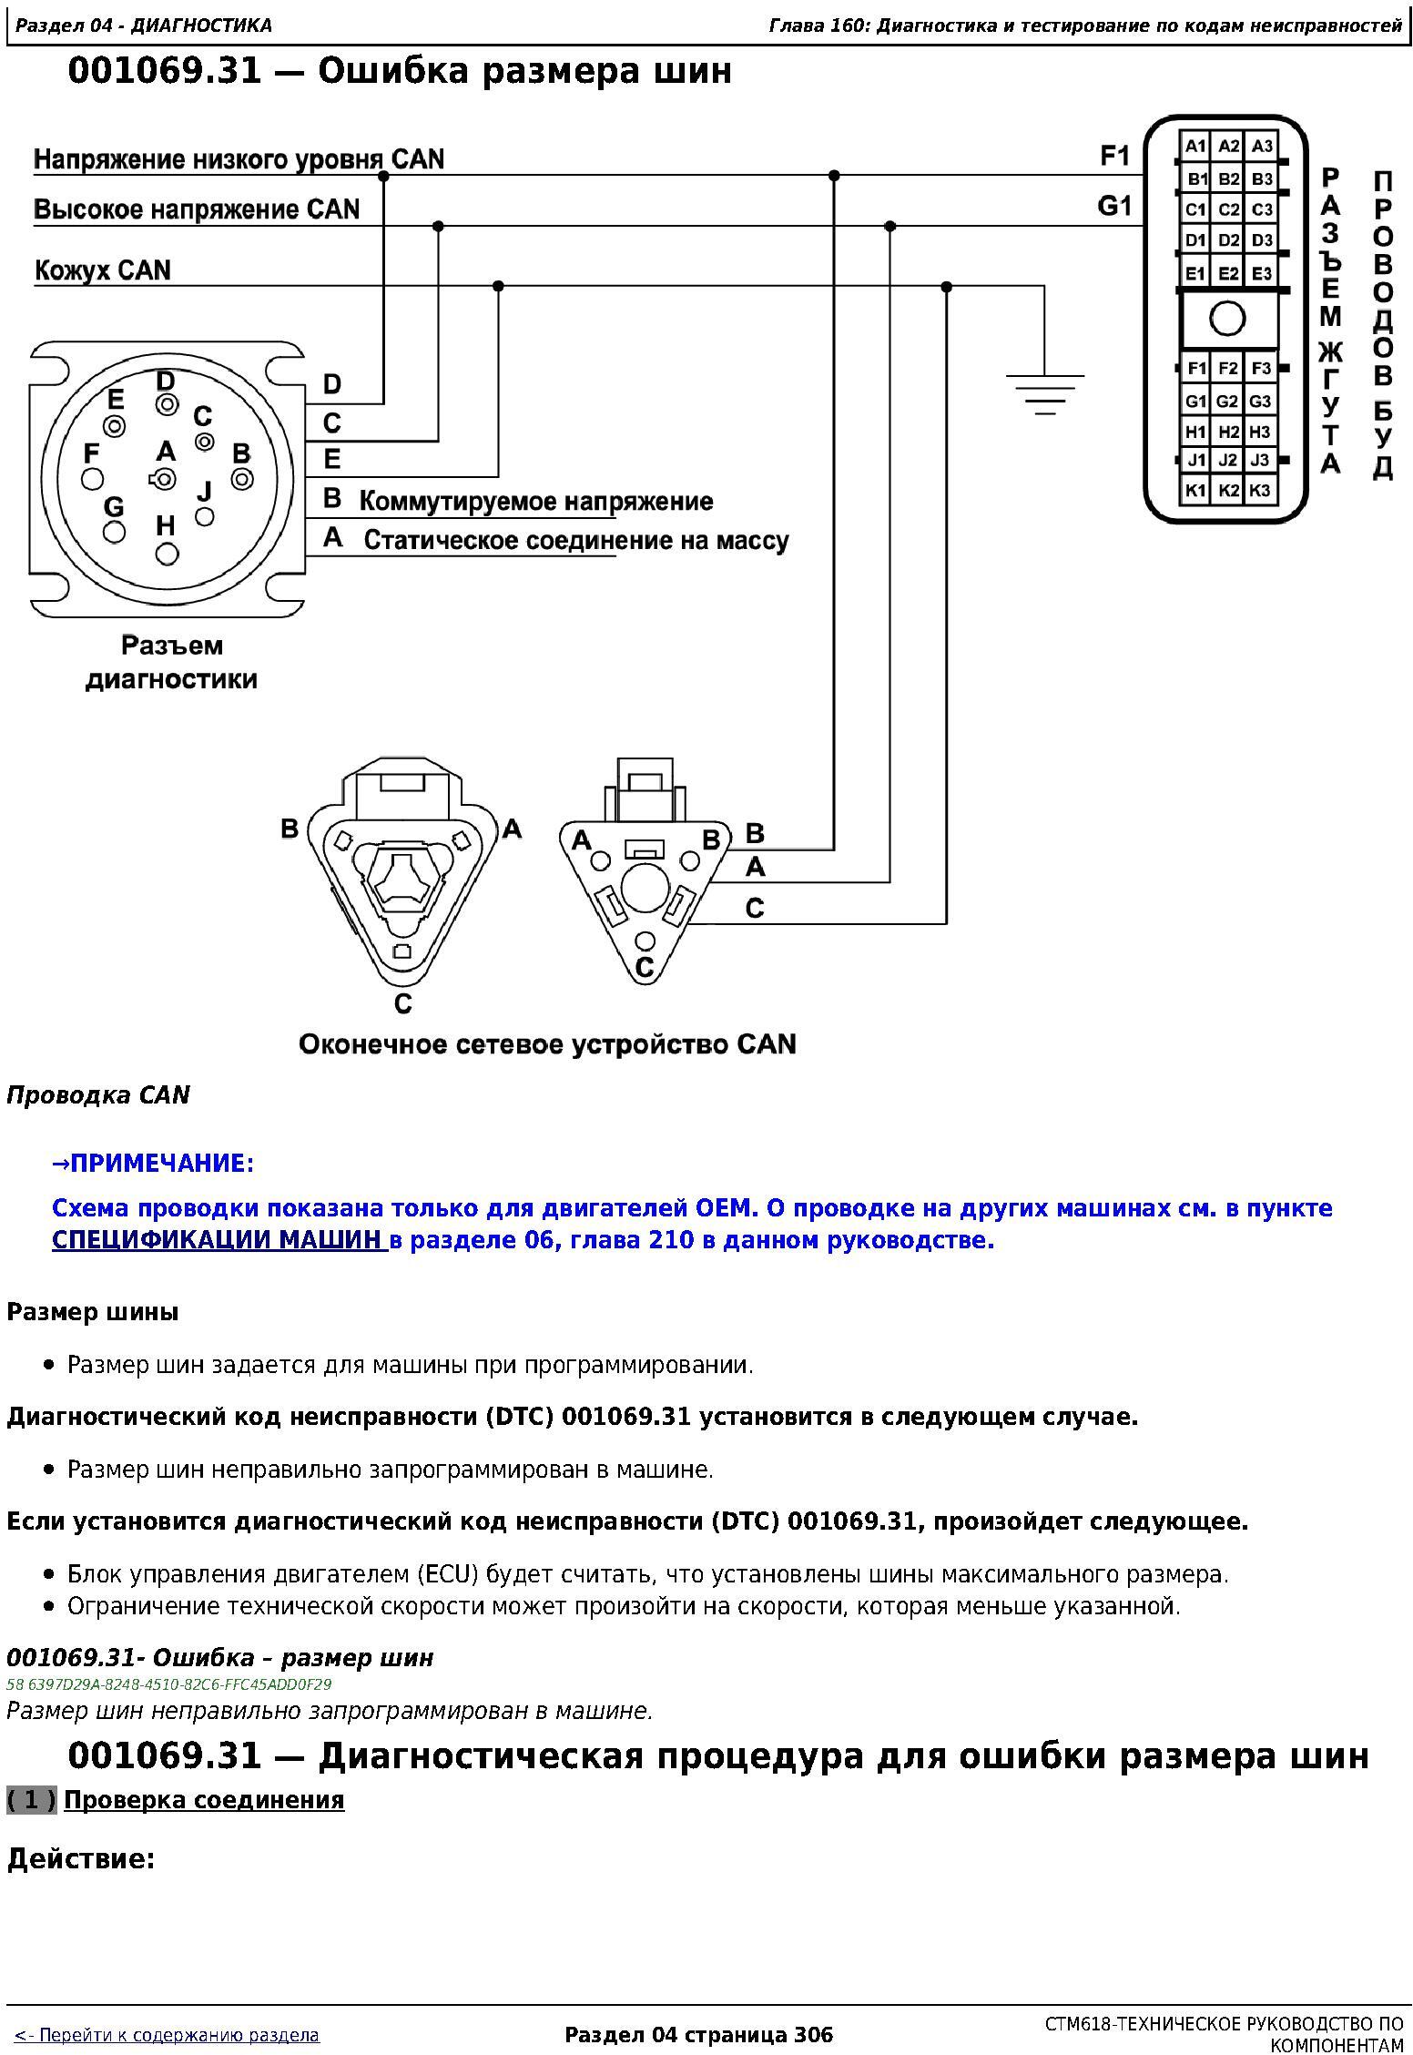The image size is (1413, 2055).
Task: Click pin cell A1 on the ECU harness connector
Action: (1194, 147)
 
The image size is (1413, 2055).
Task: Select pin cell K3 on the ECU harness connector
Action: (1260, 491)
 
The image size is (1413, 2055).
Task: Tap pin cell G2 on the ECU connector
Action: (1227, 401)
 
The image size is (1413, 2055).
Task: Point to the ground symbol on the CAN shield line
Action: (1044, 393)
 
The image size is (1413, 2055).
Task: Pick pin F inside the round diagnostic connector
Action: (93, 478)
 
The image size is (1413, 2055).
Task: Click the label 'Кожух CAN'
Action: (103, 270)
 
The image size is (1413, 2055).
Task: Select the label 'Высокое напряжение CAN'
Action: (197, 209)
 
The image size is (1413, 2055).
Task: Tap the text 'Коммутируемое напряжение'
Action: (536, 502)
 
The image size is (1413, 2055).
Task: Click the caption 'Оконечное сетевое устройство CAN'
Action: (547, 1043)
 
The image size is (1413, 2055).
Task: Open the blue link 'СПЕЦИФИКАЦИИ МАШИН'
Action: (219, 1240)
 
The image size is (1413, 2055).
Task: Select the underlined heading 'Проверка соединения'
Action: (204, 1800)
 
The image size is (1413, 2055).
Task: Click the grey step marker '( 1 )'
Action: (32, 1800)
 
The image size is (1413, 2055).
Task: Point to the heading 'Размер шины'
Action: (93, 1312)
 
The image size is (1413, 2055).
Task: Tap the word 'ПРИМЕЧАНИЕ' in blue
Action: (158, 1164)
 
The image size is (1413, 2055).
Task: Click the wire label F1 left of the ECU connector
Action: (1115, 157)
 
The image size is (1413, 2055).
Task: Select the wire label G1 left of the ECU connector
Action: (1115, 208)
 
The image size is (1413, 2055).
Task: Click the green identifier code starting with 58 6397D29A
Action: (169, 1684)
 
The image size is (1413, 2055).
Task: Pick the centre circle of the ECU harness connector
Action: (1227, 319)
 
